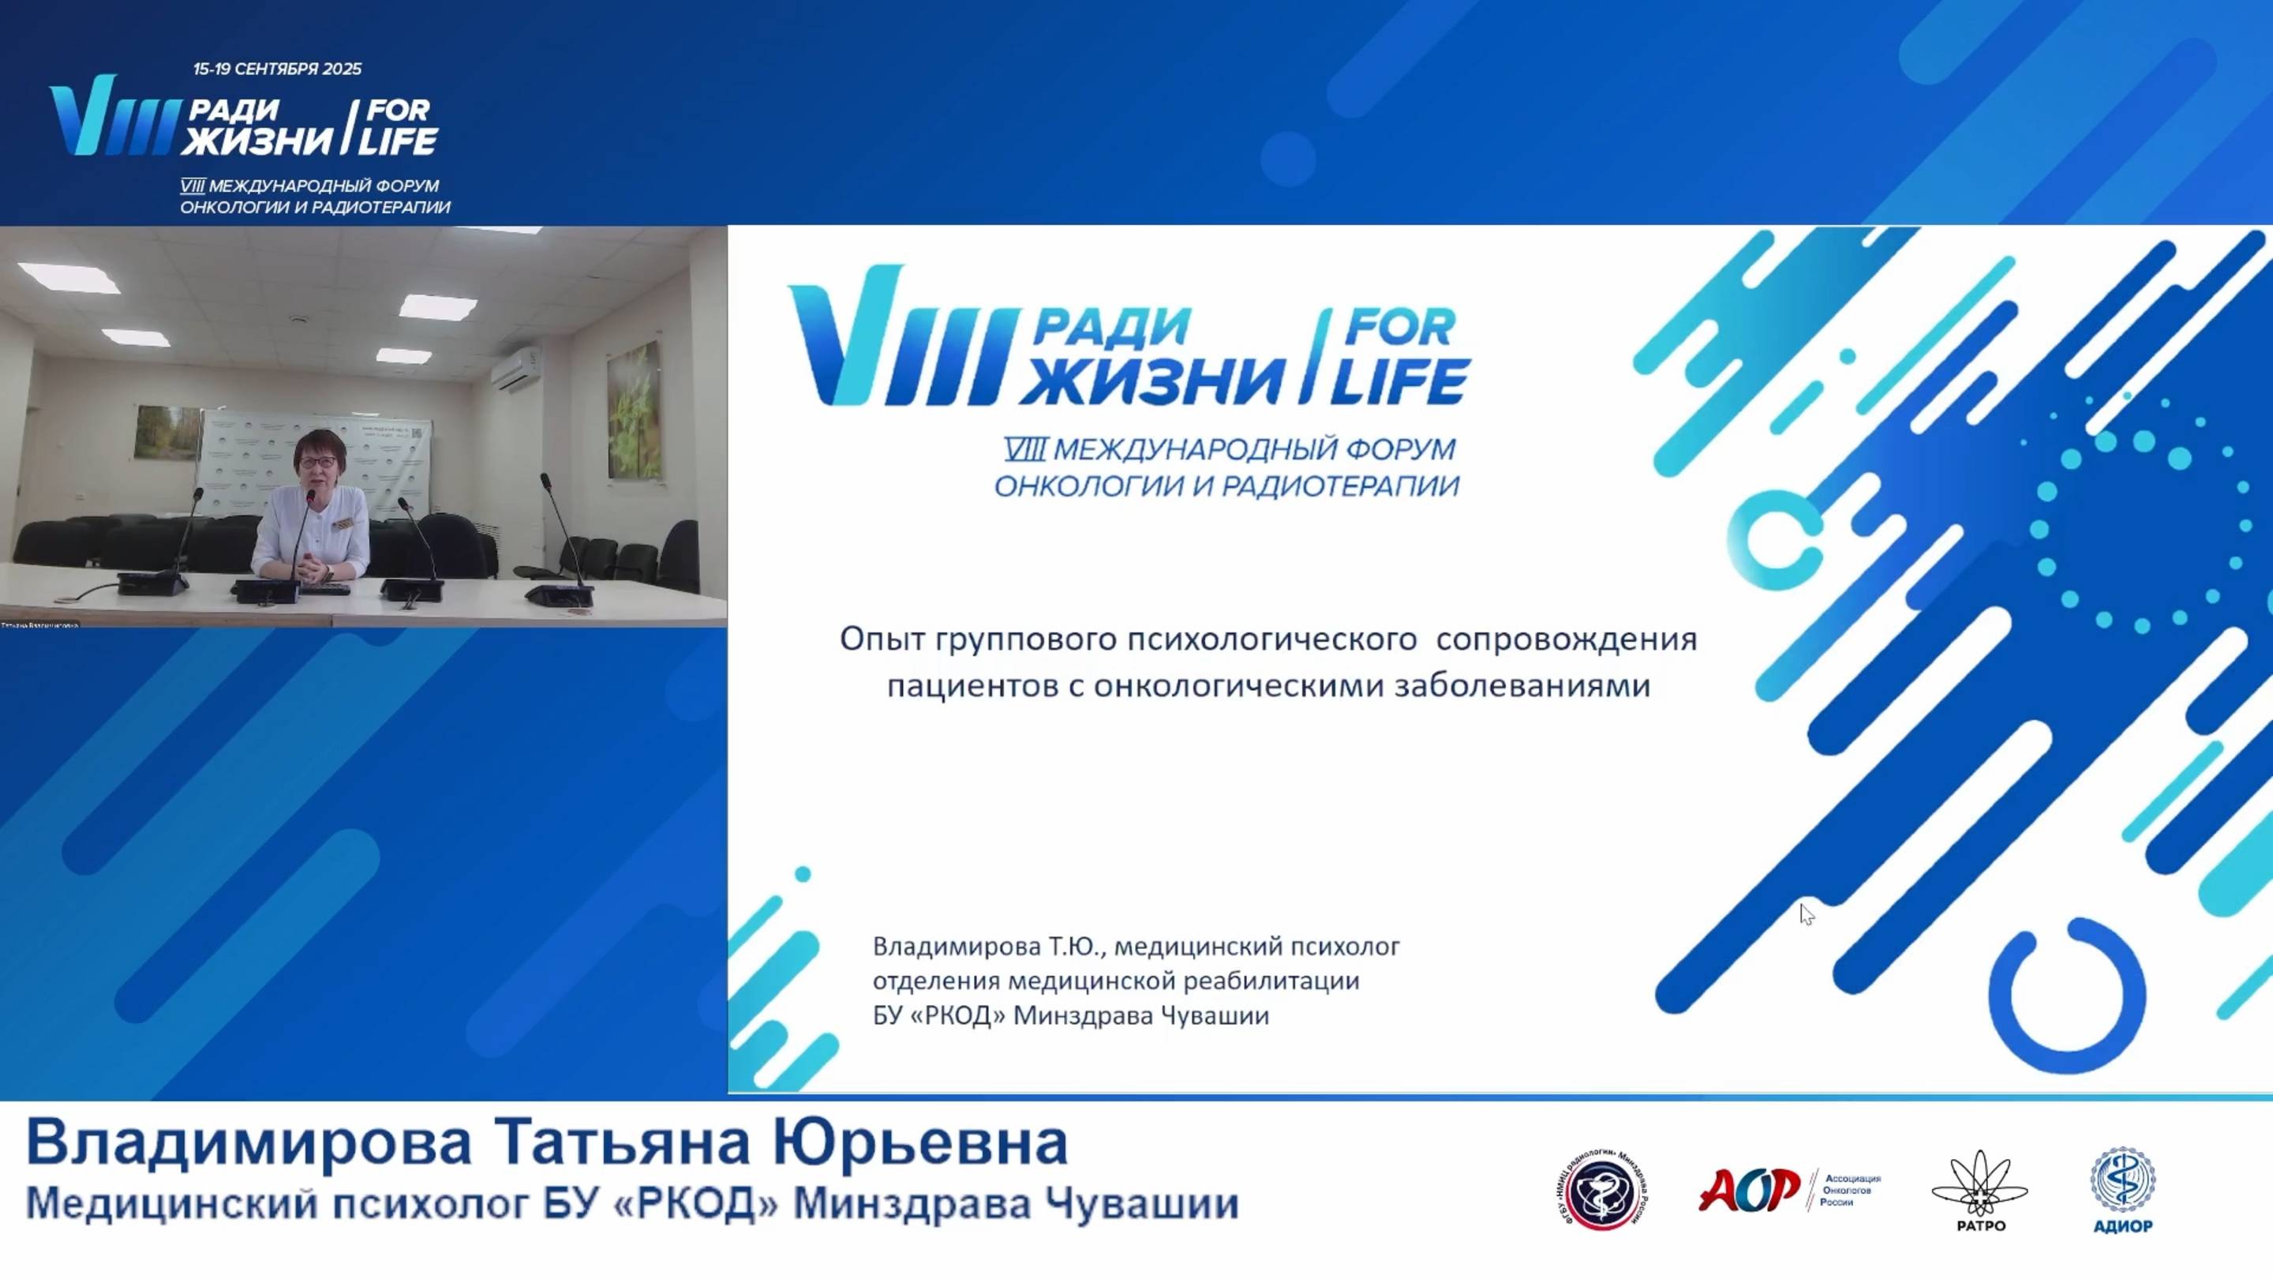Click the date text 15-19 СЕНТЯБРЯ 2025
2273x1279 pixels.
point(277,69)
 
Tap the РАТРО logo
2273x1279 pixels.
point(1980,1188)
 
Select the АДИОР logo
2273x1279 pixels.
point(2122,1188)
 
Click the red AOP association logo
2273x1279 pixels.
point(1749,1189)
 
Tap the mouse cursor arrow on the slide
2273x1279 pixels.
point(1805,913)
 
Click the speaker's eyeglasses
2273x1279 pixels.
point(320,461)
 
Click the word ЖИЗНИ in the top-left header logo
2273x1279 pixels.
point(256,141)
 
